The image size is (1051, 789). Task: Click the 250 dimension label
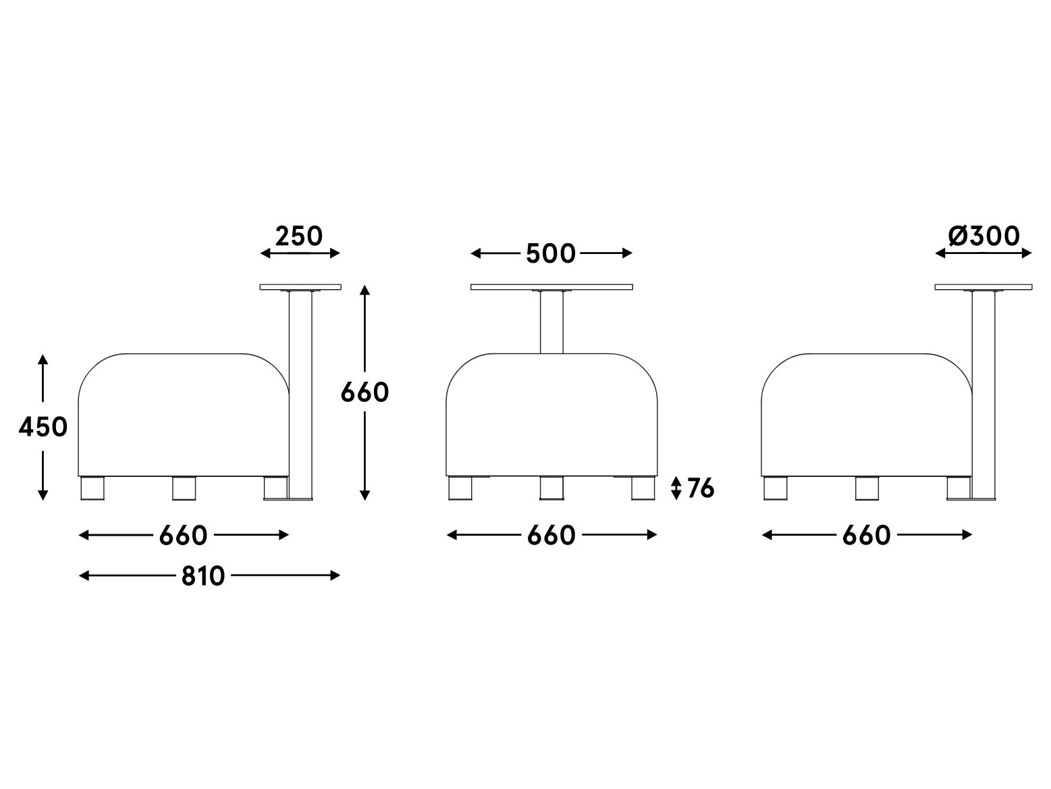pos(299,236)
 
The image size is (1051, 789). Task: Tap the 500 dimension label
pos(551,254)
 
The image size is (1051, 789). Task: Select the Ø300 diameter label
pos(983,236)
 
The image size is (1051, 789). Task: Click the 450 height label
pos(43,427)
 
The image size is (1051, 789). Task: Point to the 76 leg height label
pos(700,488)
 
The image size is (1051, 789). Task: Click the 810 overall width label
pos(203,576)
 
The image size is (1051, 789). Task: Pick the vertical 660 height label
pos(365,392)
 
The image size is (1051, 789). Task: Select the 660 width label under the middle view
pos(551,536)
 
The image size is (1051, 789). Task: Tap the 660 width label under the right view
pos(866,536)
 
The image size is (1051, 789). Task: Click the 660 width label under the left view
pos(183,536)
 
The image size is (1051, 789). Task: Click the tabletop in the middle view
pos(551,287)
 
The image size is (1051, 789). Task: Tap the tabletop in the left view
pos(300,287)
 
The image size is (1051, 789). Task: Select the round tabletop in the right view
pos(983,287)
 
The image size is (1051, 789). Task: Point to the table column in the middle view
pos(551,322)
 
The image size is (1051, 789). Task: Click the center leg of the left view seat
pos(183,488)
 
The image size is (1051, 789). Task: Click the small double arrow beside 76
pos(676,488)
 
